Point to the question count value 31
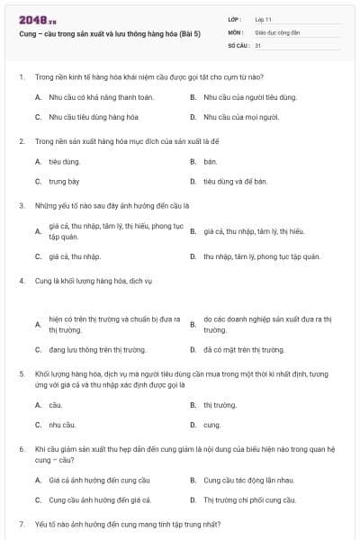pyautogui.click(x=258, y=44)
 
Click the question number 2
pyautogui.click(x=21, y=141)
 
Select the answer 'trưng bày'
pyautogui.click(x=64, y=181)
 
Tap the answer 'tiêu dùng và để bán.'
pyautogui.click(x=235, y=181)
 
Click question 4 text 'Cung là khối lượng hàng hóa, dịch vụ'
pyautogui.click(x=94, y=281)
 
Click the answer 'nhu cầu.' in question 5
pyautogui.click(x=62, y=424)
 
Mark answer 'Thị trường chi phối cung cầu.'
pyautogui.click(x=249, y=499)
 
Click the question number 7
pyautogui.click(x=21, y=523)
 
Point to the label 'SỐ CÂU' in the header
pyautogui.click(x=238, y=44)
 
